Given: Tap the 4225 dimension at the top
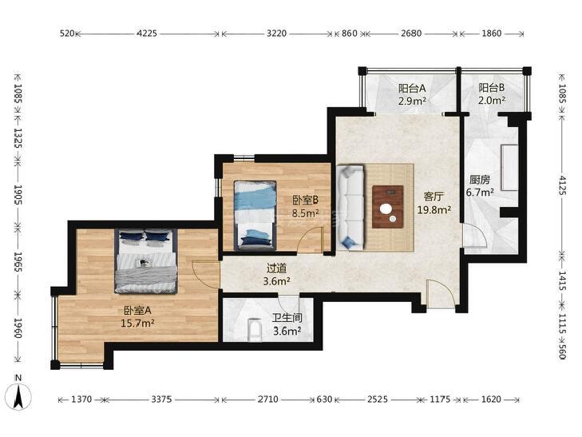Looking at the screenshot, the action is (x=147, y=34).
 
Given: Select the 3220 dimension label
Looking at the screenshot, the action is (x=276, y=34).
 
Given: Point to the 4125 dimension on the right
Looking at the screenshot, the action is (x=562, y=185).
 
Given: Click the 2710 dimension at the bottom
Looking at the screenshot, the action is (x=268, y=399).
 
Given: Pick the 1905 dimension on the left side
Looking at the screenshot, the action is (x=18, y=195).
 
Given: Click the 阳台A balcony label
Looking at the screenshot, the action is (x=412, y=89).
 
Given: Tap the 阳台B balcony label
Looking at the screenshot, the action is (x=492, y=88).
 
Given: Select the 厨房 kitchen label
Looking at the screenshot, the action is (x=480, y=180).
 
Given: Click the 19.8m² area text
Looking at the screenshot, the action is (x=434, y=210).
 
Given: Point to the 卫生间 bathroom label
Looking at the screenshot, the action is (x=287, y=318).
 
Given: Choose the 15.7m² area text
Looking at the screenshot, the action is (x=137, y=324).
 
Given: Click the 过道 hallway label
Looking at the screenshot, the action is (x=276, y=268).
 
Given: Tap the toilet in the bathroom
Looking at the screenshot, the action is (x=255, y=331).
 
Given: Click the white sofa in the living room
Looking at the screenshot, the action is (x=350, y=208).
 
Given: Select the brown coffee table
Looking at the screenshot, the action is (x=388, y=207).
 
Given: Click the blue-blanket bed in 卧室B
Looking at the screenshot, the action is (x=255, y=215).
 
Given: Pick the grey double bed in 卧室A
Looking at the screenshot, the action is (x=146, y=261).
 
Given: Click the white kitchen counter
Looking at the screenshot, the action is (x=509, y=168).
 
